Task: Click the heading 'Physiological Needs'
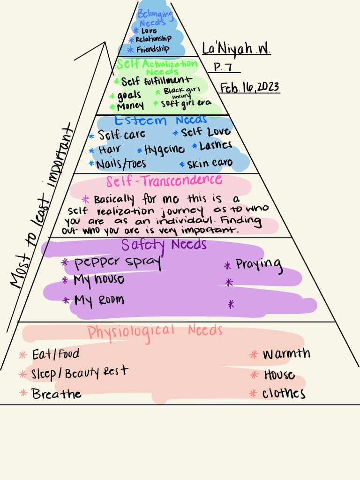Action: (155, 331)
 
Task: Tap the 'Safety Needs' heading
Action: (164, 244)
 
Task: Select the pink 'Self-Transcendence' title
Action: (164, 180)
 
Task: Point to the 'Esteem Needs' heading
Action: (160, 120)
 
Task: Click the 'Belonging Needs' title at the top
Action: (155, 18)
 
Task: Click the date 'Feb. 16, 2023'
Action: (250, 88)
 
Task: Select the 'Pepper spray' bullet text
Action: (118, 262)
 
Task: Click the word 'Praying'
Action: (259, 265)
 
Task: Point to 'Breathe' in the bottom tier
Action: (56, 394)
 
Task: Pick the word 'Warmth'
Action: (286, 353)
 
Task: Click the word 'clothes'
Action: (284, 393)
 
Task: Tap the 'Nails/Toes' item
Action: (121, 164)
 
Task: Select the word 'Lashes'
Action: (216, 146)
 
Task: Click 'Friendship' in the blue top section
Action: (152, 49)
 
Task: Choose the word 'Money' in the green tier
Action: (130, 105)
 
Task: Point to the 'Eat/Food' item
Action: (55, 354)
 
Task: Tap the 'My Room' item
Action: (99, 300)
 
